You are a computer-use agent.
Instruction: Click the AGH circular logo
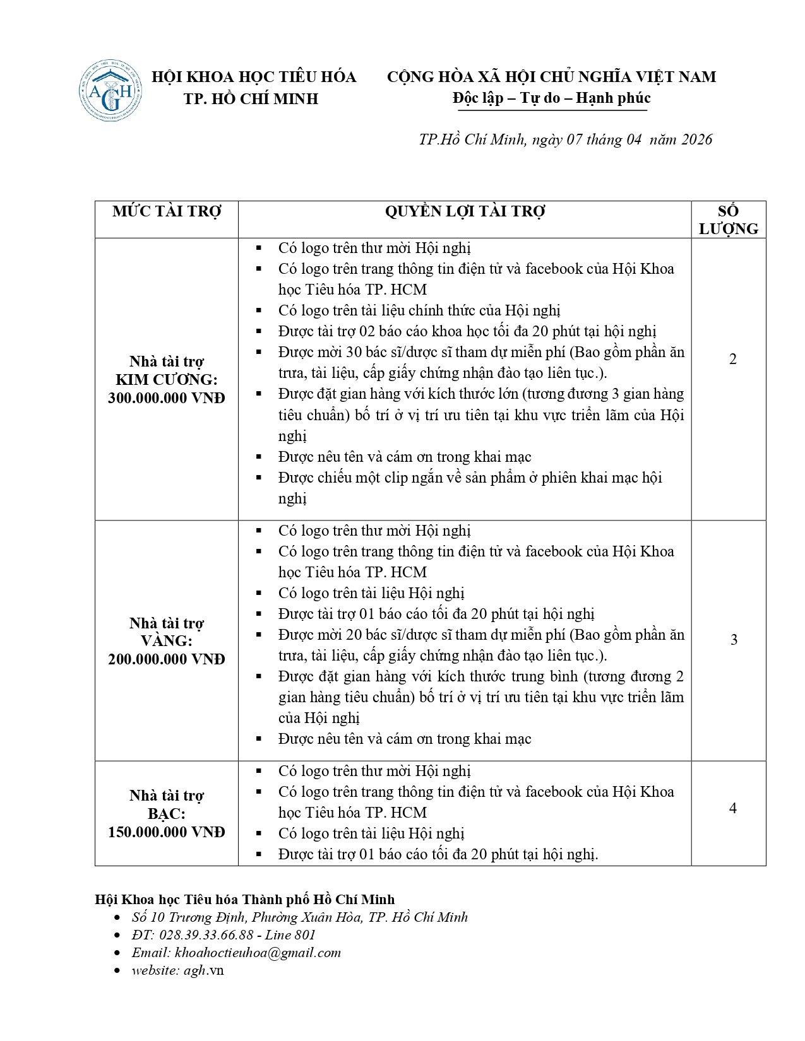110,90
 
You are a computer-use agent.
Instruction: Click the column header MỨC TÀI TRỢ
167,211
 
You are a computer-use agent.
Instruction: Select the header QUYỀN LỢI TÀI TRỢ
465,211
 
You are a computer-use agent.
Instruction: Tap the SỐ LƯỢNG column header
728,220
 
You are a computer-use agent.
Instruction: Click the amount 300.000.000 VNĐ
167,398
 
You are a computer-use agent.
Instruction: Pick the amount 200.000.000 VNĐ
167,659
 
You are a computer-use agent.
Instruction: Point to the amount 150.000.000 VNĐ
167,832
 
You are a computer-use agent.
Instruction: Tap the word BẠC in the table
166,814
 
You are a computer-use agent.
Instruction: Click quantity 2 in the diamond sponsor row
732,359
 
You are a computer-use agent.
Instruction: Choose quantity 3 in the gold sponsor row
734,640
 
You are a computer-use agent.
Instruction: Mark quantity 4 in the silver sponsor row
732,808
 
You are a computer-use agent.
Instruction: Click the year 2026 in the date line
697,139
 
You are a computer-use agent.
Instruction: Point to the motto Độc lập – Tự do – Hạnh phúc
551,98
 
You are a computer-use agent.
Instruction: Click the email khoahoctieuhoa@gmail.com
258,953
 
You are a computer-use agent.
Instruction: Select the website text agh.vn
203,970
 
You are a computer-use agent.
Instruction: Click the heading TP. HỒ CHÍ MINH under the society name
251,99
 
